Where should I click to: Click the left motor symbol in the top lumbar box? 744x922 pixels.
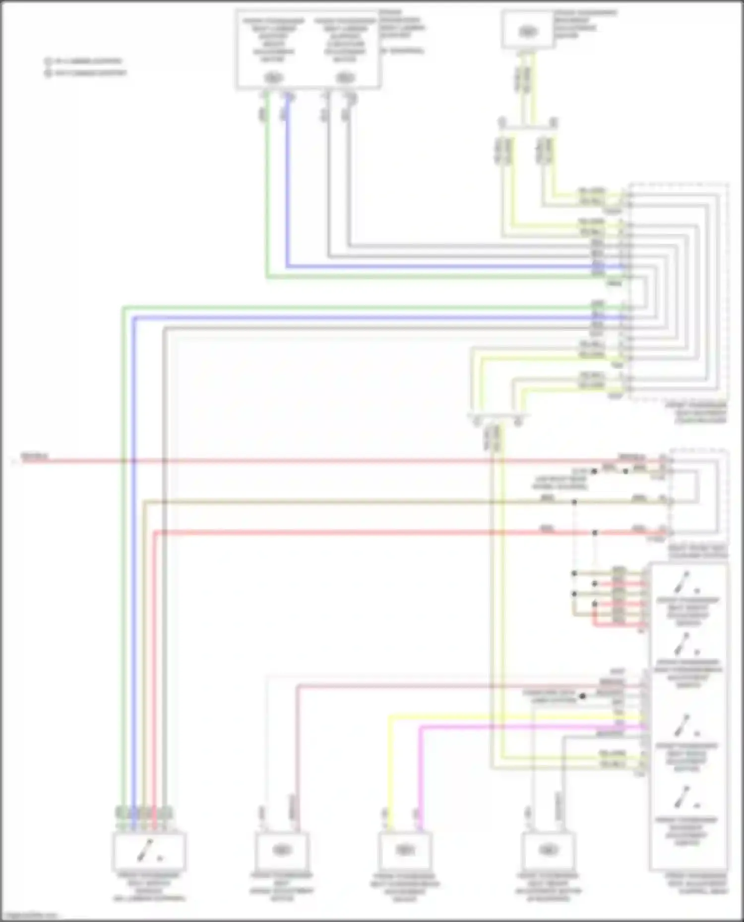[x=272, y=78]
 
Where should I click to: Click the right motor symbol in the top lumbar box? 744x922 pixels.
[x=344, y=78]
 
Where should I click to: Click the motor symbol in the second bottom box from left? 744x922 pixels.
[x=281, y=850]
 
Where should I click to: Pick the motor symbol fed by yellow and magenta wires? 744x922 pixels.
[x=405, y=850]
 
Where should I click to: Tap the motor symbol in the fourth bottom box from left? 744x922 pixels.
[x=548, y=850]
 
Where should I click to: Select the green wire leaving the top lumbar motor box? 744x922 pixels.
[x=267, y=198]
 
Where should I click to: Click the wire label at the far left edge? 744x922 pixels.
[x=34, y=456]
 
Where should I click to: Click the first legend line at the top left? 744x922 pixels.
[x=84, y=61]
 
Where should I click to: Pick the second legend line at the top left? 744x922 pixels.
[x=86, y=73]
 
